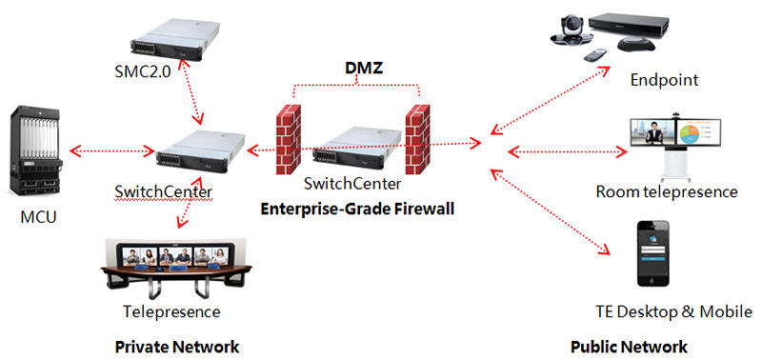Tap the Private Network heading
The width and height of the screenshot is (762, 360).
click(x=176, y=345)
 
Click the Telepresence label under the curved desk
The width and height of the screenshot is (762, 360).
click(x=171, y=311)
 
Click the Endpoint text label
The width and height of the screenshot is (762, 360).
click(x=664, y=81)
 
